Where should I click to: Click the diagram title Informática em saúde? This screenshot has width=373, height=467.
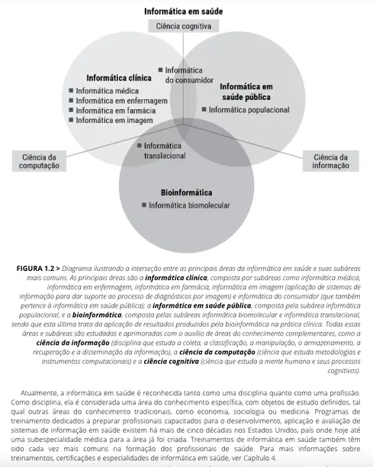tap(186, 11)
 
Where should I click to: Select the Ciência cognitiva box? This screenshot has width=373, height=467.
tap(186, 26)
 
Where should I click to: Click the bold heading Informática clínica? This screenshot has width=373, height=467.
tap(118, 78)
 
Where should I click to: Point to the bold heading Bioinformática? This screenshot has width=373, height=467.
tap(186, 192)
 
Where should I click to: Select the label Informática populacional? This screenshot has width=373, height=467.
tap(249, 110)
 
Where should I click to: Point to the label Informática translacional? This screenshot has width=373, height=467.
tap(164, 150)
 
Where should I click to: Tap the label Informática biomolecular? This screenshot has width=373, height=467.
tap(190, 205)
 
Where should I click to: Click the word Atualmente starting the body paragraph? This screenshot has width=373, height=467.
tap(40, 393)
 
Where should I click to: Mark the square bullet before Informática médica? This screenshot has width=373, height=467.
tap(70, 91)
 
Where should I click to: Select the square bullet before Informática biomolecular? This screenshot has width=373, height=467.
tap(144, 205)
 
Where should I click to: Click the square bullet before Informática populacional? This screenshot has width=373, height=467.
tap(204, 110)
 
